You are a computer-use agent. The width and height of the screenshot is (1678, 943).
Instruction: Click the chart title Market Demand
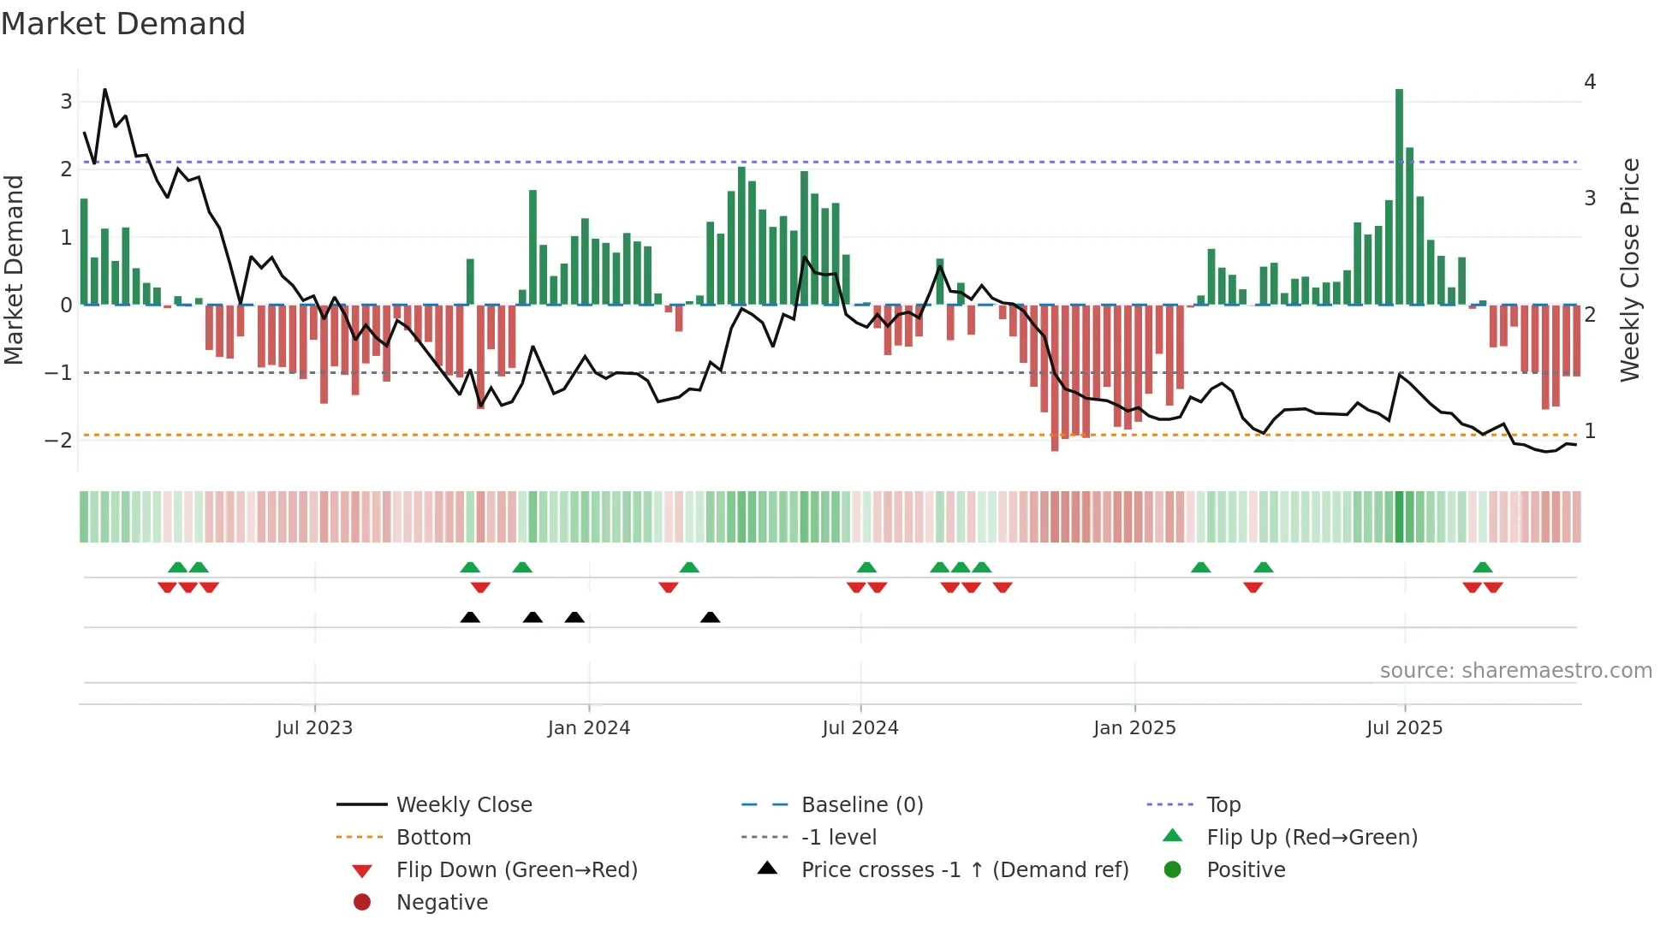click(x=123, y=24)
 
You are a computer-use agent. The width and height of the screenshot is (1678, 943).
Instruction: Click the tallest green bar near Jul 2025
click(x=1399, y=197)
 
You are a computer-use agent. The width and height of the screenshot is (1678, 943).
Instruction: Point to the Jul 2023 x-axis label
click(x=314, y=728)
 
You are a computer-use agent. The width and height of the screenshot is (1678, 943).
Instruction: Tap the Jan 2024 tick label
click(x=589, y=728)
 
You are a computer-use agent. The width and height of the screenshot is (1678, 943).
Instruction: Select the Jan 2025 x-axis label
click(x=1134, y=728)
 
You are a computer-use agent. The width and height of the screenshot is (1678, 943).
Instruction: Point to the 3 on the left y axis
click(x=66, y=102)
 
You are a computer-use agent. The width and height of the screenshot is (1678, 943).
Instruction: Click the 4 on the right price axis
click(x=1590, y=82)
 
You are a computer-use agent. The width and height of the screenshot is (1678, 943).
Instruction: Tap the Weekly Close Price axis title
click(x=1630, y=270)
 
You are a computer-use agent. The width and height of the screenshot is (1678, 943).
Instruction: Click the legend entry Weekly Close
click(x=463, y=805)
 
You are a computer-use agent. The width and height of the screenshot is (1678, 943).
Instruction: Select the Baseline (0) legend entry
click(x=861, y=805)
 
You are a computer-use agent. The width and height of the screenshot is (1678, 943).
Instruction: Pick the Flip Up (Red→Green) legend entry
click(x=1312, y=838)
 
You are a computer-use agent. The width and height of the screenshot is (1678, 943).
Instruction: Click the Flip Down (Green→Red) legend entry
click(x=516, y=870)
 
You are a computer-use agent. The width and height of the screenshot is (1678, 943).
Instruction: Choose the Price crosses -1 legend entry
click(x=964, y=870)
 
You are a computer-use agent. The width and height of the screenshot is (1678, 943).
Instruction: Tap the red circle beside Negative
click(x=362, y=903)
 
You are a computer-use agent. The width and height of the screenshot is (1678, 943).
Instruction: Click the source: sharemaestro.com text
click(x=1515, y=671)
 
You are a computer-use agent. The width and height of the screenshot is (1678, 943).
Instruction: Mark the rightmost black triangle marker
click(x=710, y=617)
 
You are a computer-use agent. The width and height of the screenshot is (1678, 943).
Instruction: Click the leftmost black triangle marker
click(x=470, y=617)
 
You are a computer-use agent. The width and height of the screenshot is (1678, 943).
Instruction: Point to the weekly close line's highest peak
click(x=105, y=90)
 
